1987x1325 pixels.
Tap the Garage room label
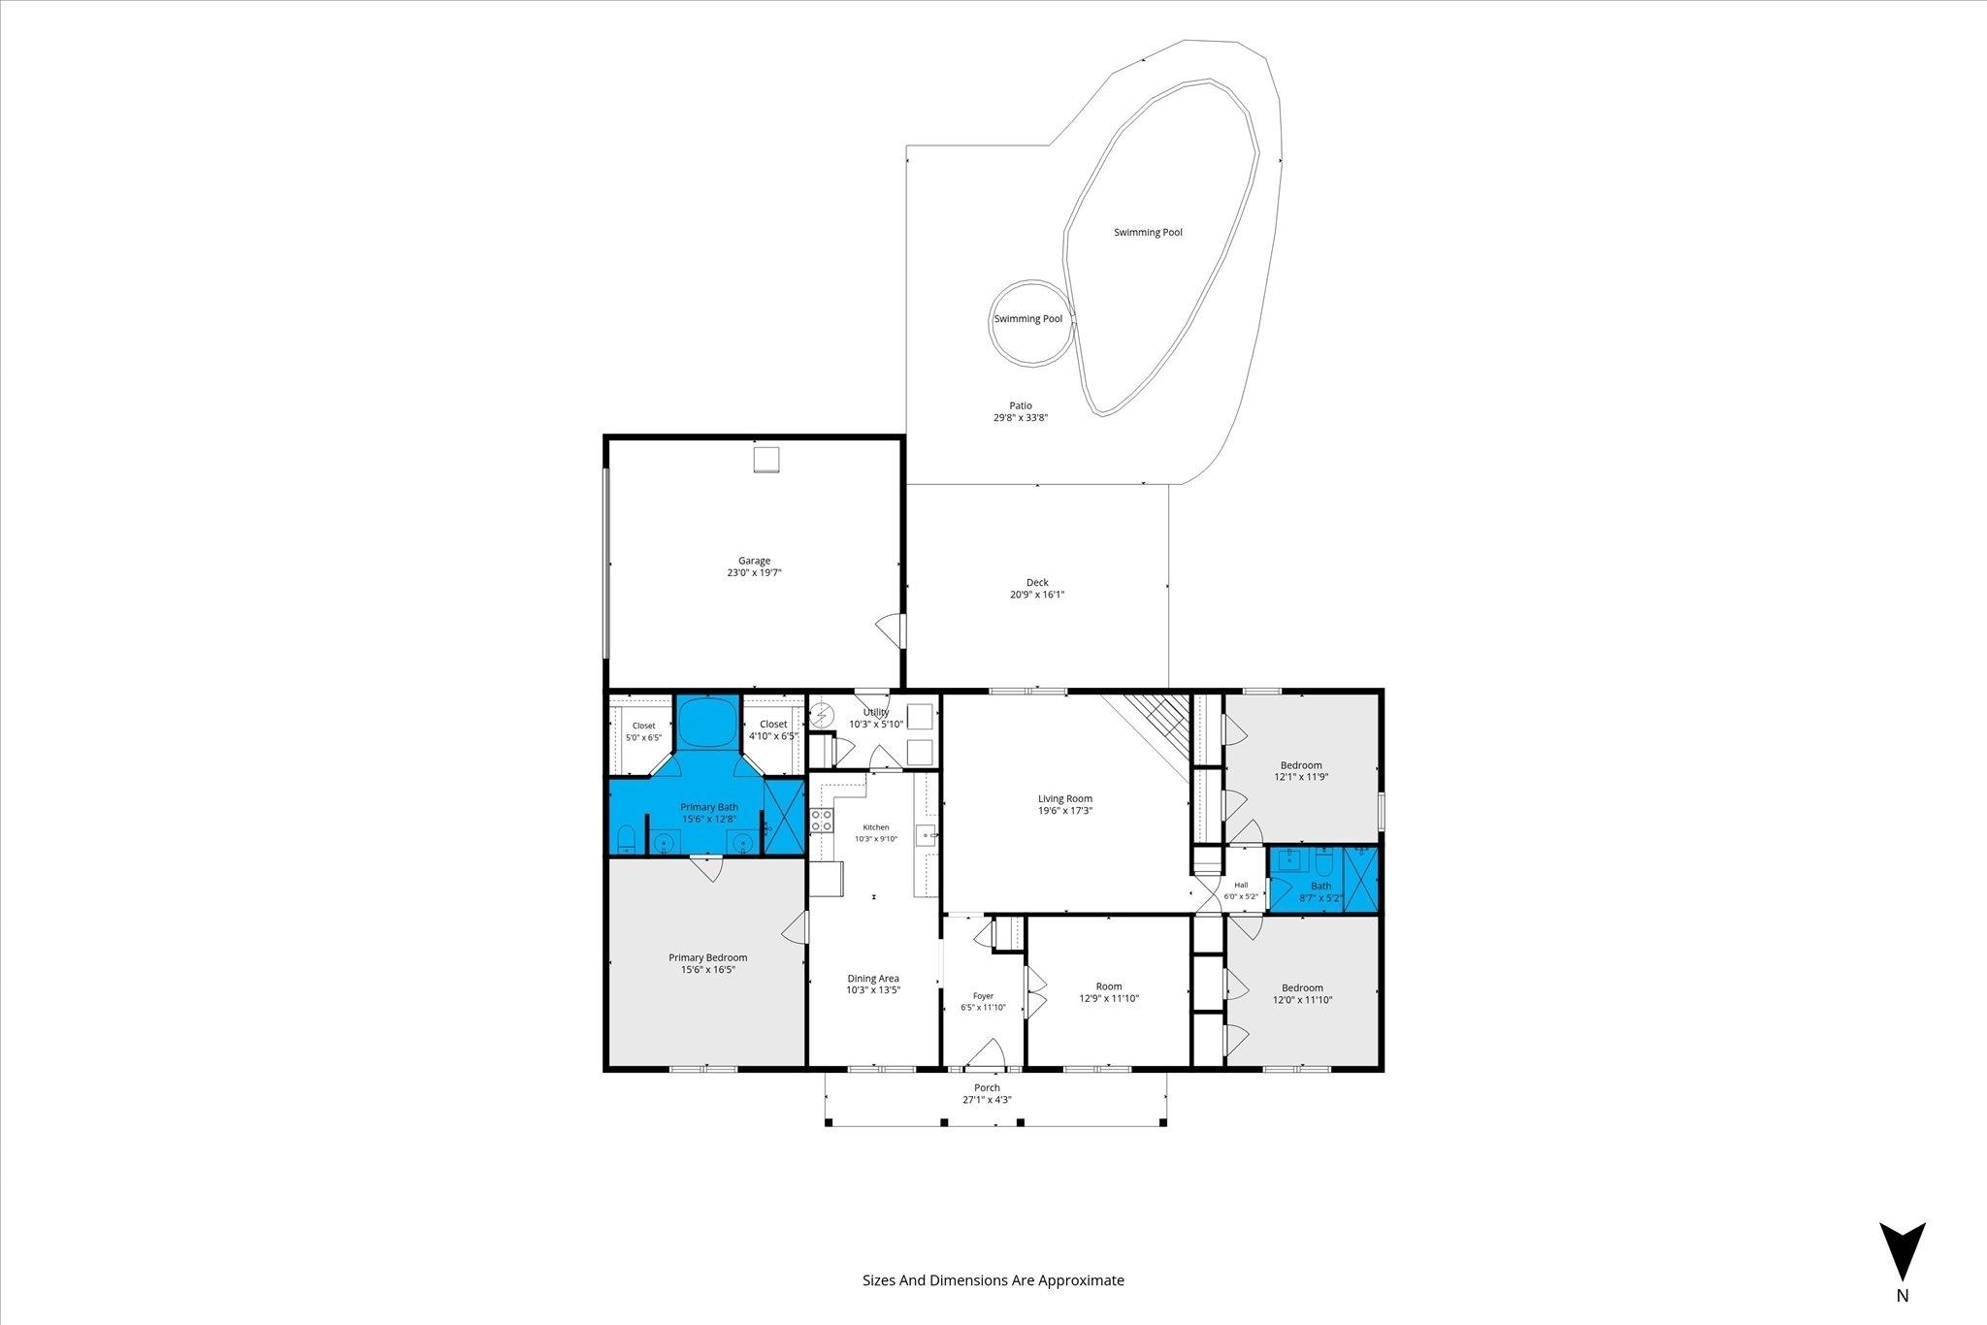(754, 561)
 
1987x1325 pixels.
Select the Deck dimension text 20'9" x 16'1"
(1037, 595)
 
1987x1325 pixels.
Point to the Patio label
(1020, 405)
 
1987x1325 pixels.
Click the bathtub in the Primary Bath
(704, 723)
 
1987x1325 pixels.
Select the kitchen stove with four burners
(822, 821)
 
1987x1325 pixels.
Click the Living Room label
(1065, 798)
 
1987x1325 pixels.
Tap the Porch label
(987, 1087)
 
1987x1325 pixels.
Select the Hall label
(1241, 885)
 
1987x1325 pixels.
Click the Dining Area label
(873, 979)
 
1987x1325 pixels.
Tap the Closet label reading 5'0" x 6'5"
(643, 731)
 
